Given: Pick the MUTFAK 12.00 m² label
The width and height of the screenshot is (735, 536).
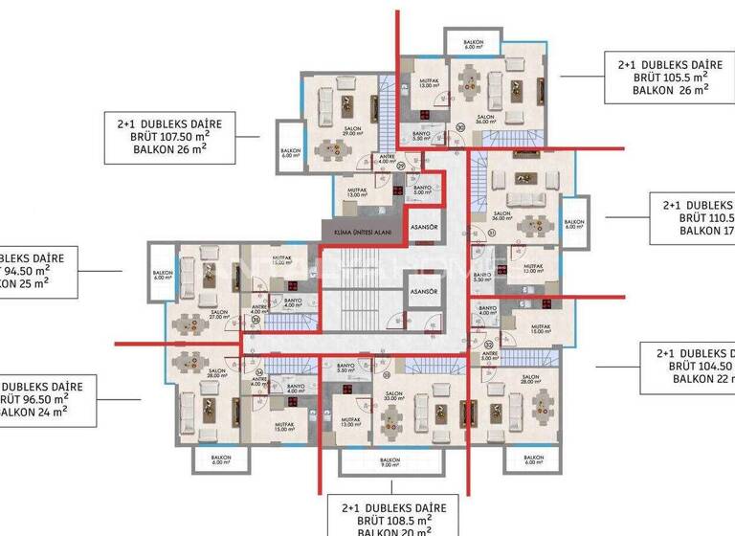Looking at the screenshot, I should click(x=532, y=268).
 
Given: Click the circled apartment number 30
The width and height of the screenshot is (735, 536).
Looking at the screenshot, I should click(x=460, y=126).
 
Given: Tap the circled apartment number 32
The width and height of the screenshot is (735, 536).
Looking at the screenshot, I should click(x=488, y=344).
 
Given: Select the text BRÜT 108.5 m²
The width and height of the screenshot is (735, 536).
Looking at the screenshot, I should click(x=382, y=518).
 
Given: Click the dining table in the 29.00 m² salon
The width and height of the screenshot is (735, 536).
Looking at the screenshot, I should click(x=333, y=147).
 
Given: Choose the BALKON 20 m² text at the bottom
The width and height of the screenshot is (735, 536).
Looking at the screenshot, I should click(x=382, y=530).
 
